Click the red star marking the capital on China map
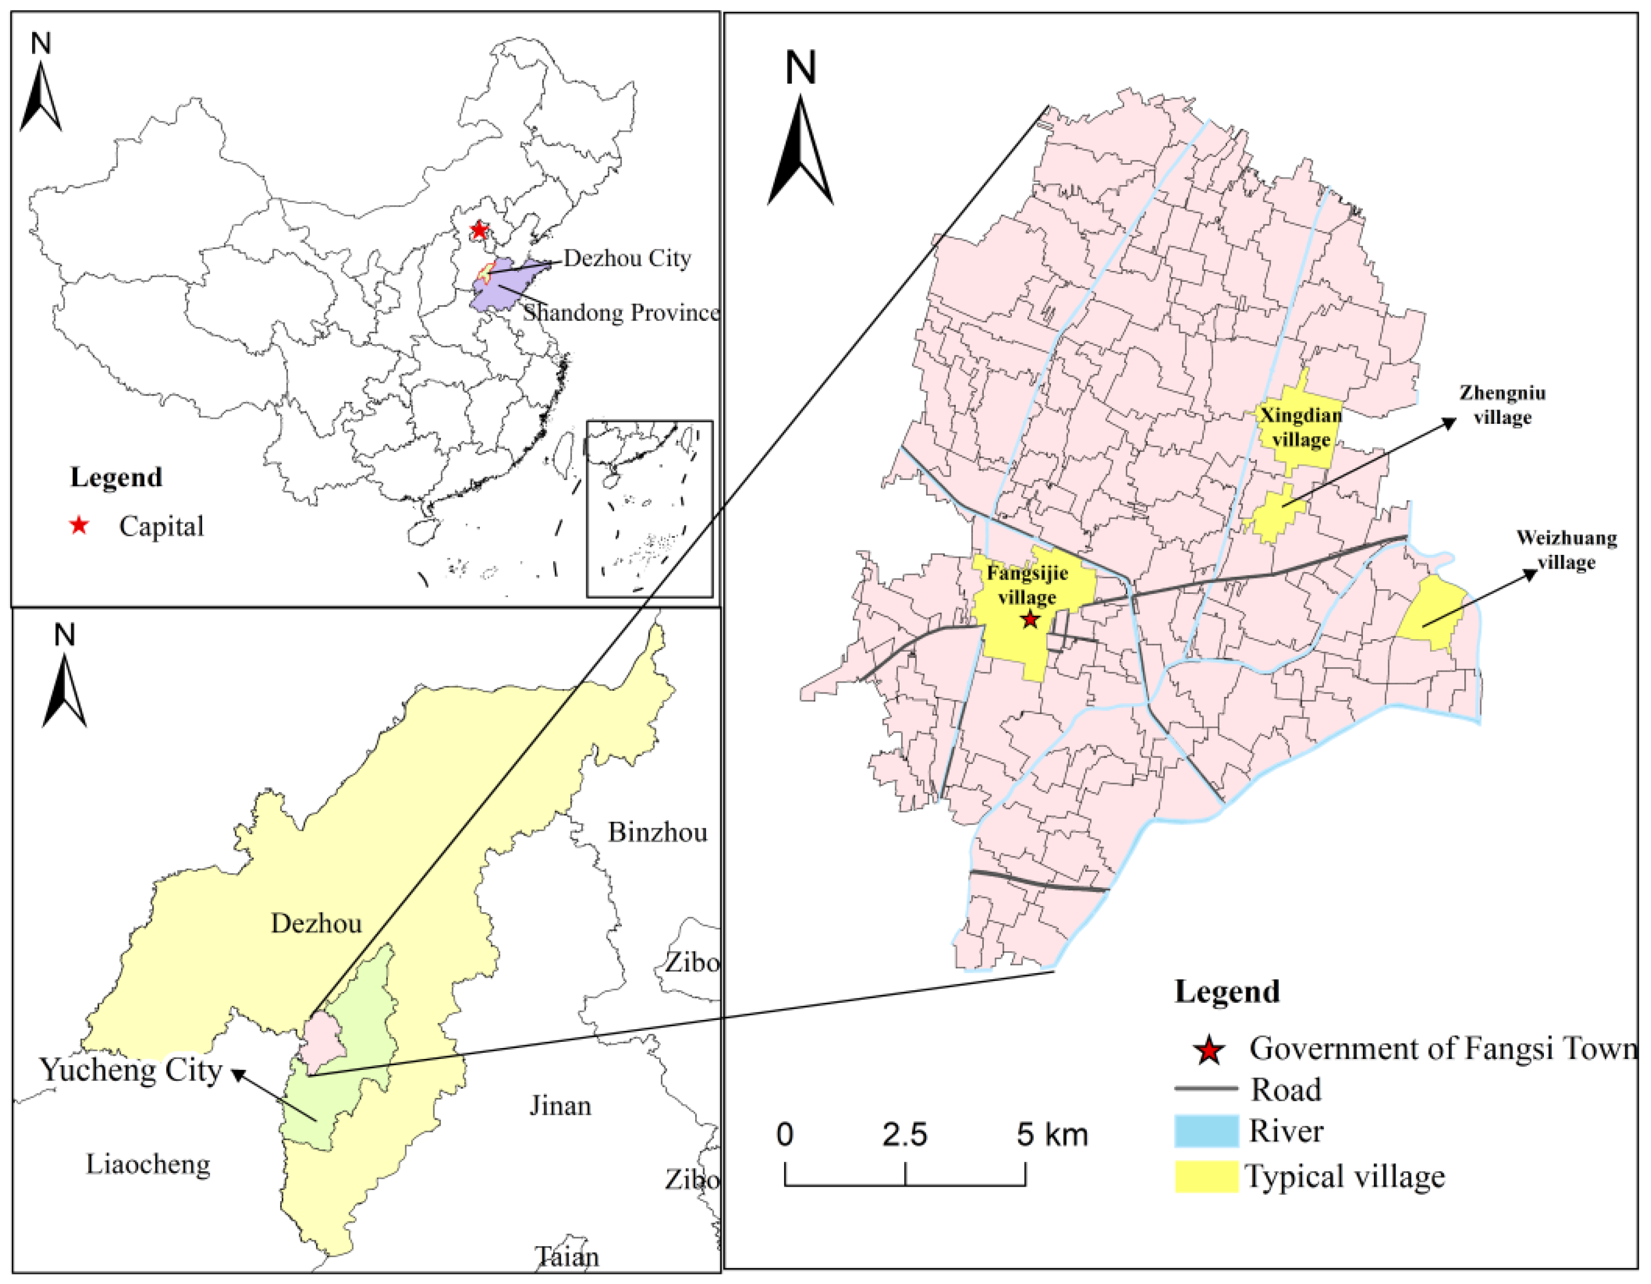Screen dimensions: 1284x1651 click(479, 229)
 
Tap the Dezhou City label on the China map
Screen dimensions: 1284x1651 click(626, 259)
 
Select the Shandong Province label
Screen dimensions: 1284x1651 click(621, 312)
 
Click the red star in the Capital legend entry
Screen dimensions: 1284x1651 click(78, 526)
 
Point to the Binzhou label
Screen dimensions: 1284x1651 click(657, 833)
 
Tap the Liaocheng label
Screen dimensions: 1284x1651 click(148, 1164)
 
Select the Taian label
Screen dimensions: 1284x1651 click(567, 1257)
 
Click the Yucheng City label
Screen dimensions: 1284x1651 click(130, 1070)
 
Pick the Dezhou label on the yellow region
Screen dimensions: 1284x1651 click(316, 923)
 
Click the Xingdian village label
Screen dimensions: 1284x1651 click(1300, 427)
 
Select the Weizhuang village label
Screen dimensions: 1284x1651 click(1566, 550)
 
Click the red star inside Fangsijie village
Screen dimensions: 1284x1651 click(1030, 620)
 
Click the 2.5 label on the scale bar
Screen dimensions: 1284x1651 click(904, 1135)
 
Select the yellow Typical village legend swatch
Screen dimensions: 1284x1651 click(1207, 1177)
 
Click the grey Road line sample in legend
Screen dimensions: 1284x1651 click(1207, 1089)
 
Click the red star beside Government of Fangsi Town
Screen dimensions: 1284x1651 click(1209, 1050)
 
